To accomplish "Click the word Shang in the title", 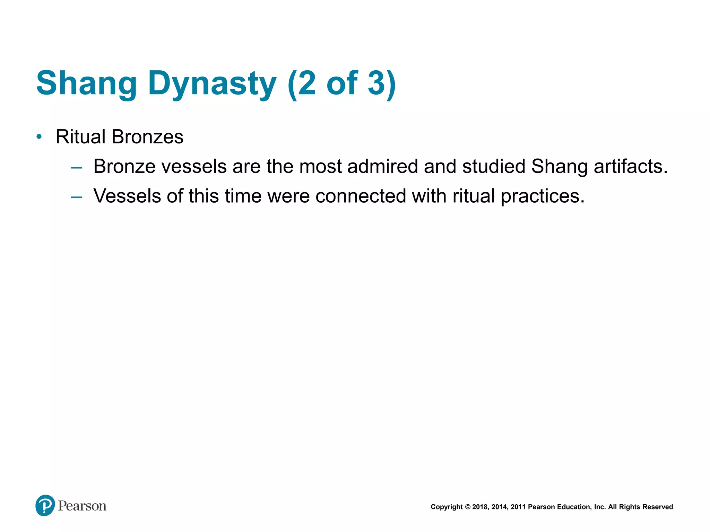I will (x=87, y=83).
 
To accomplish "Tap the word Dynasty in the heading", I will (x=212, y=83).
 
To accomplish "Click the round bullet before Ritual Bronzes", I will (x=39, y=137).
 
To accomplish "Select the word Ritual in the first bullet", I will (x=80, y=137).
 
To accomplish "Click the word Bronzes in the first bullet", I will (x=148, y=137).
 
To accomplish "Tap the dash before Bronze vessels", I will (x=76, y=168).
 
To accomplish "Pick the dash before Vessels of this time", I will (x=76, y=197).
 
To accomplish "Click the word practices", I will (x=543, y=196).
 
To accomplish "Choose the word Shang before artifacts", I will (x=559, y=166).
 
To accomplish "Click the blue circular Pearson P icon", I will (x=45, y=505).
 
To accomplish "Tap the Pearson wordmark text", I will (x=82, y=506).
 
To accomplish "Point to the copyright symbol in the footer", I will (x=468, y=507).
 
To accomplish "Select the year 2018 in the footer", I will (x=480, y=507).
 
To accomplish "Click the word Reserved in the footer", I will (x=658, y=507).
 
